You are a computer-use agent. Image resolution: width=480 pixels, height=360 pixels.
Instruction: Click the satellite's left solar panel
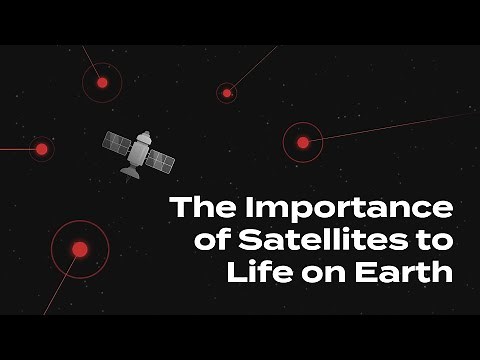click(x=117, y=144)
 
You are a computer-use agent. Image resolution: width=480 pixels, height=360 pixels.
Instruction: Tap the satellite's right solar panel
click(x=159, y=161)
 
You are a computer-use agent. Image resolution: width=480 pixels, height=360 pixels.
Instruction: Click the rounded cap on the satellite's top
click(x=145, y=134)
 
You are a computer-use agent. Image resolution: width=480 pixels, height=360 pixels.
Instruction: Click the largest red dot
click(x=80, y=248)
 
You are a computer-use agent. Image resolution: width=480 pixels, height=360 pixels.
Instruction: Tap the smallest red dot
click(x=227, y=93)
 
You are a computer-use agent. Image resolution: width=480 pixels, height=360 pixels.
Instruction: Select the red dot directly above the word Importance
click(x=303, y=142)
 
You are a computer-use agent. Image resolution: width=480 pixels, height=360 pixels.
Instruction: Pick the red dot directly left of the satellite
click(x=42, y=149)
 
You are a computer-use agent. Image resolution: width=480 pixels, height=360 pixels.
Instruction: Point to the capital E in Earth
click(x=375, y=272)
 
